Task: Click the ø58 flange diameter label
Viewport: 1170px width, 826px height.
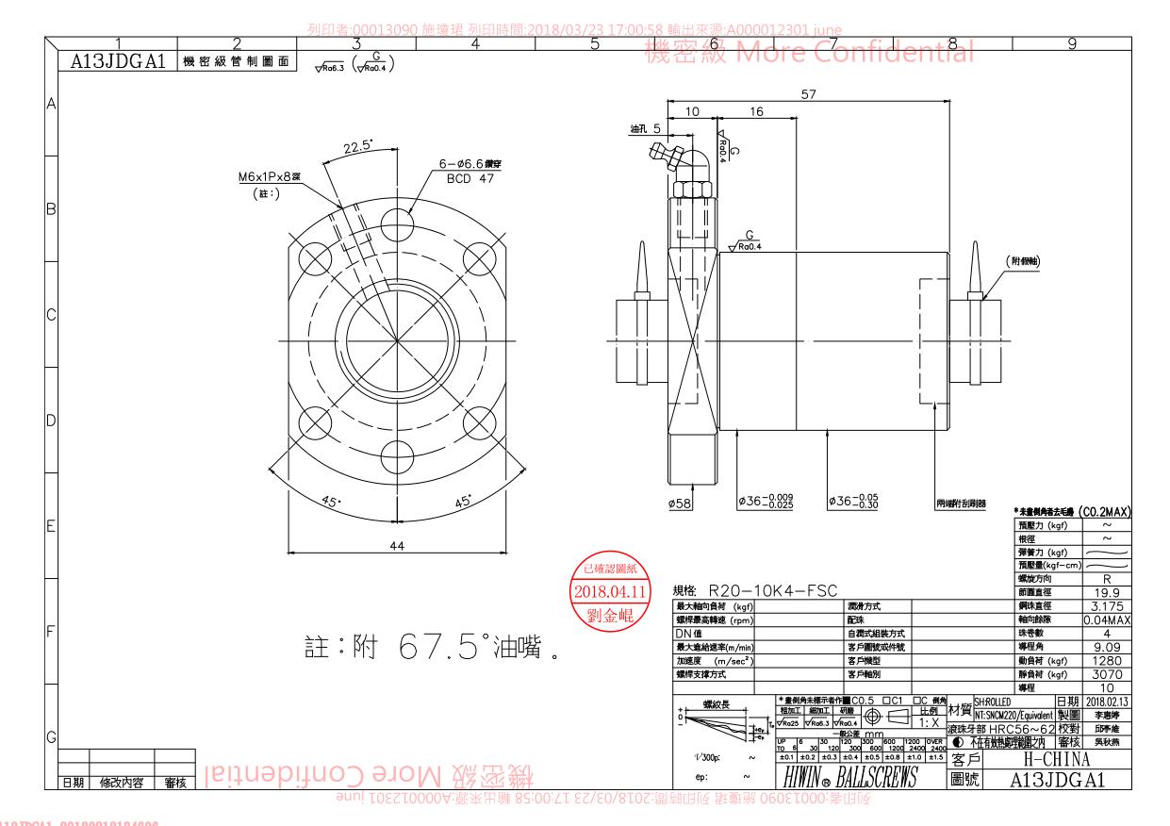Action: point(680,504)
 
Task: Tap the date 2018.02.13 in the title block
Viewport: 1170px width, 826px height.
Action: point(1110,701)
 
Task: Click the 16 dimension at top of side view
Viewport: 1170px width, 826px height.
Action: point(755,112)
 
